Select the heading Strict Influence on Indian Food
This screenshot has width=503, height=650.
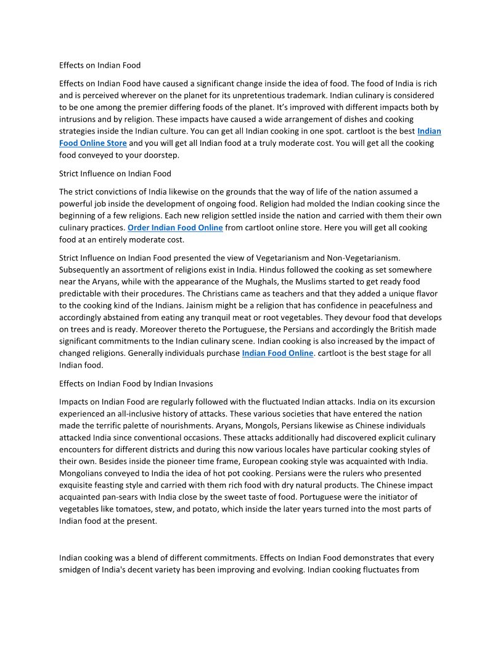coord(115,174)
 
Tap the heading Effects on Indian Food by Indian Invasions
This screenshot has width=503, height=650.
coord(136,383)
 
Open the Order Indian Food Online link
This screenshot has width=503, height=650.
coord(175,228)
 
